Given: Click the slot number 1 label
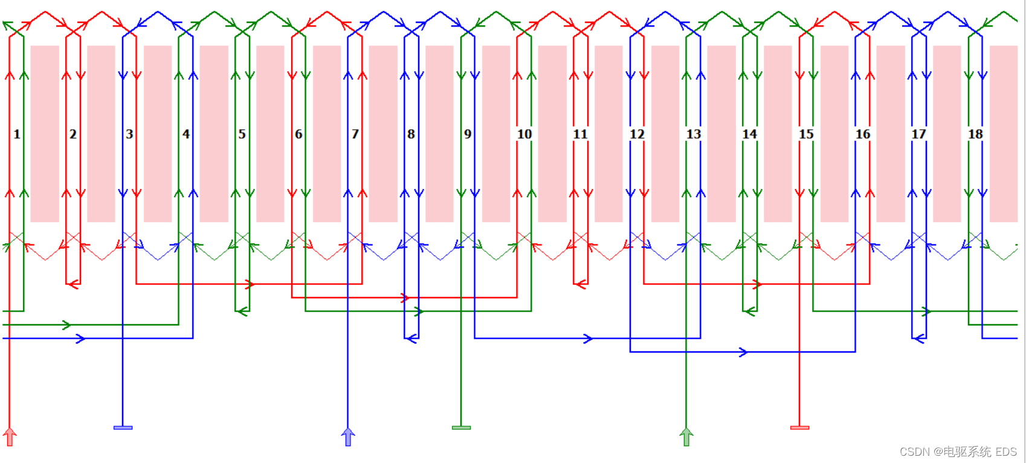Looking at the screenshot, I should click(x=17, y=134).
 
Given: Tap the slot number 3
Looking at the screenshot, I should click(x=129, y=134).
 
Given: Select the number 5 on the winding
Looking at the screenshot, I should click(x=242, y=134).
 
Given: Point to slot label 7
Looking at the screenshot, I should click(x=355, y=134).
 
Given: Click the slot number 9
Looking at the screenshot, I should click(x=468, y=134).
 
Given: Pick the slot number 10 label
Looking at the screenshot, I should click(x=524, y=134).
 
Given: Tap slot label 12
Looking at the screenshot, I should click(x=637, y=134).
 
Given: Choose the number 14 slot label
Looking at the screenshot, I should click(x=750, y=134).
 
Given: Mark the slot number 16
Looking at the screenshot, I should click(x=863, y=134).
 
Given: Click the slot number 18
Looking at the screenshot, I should click(x=975, y=134).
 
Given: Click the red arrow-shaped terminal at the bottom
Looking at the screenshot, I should click(x=10, y=436).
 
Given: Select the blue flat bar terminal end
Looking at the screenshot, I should click(x=123, y=427).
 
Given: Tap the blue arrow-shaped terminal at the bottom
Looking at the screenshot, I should click(x=348, y=436).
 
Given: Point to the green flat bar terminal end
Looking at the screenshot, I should click(x=461, y=427).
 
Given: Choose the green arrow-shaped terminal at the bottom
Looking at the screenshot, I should click(x=686, y=436).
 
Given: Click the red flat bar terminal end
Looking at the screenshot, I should click(x=799, y=427).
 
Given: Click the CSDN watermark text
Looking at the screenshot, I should click(x=958, y=452).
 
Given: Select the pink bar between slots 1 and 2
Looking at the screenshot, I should click(x=45, y=133).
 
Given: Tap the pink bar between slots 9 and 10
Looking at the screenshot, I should click(x=496, y=133).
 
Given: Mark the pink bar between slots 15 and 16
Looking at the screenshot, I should click(x=834, y=133).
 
